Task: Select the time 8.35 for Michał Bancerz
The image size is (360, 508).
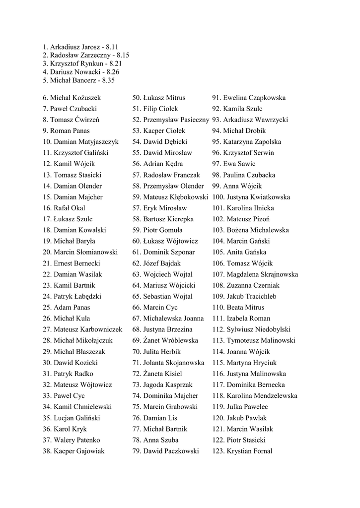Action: (x=108, y=80)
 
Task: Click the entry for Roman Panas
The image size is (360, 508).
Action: (x=66, y=131)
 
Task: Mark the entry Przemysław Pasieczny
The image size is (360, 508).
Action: (x=176, y=120)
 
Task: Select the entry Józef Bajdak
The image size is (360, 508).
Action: (x=163, y=263)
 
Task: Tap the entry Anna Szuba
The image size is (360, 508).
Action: (x=160, y=440)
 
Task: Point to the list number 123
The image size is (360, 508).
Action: (x=218, y=451)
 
